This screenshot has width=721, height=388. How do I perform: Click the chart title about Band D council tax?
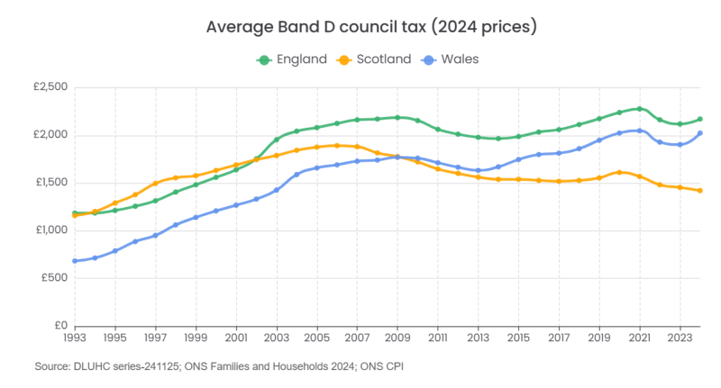[x=371, y=26]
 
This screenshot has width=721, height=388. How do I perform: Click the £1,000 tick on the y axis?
[x=50, y=230]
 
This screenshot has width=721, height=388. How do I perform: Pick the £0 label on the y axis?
[x=59, y=326]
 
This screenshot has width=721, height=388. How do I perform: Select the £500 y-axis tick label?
[x=54, y=278]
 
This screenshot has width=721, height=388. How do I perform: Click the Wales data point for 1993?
[x=75, y=261]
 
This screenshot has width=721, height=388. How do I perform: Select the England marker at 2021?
[x=639, y=109]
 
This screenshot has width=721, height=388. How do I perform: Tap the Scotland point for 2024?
[x=700, y=191]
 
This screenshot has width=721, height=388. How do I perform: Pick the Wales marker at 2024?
[x=700, y=134]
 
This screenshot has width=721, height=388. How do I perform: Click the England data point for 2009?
[x=397, y=117]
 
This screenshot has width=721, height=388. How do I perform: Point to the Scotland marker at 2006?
[x=337, y=145]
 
